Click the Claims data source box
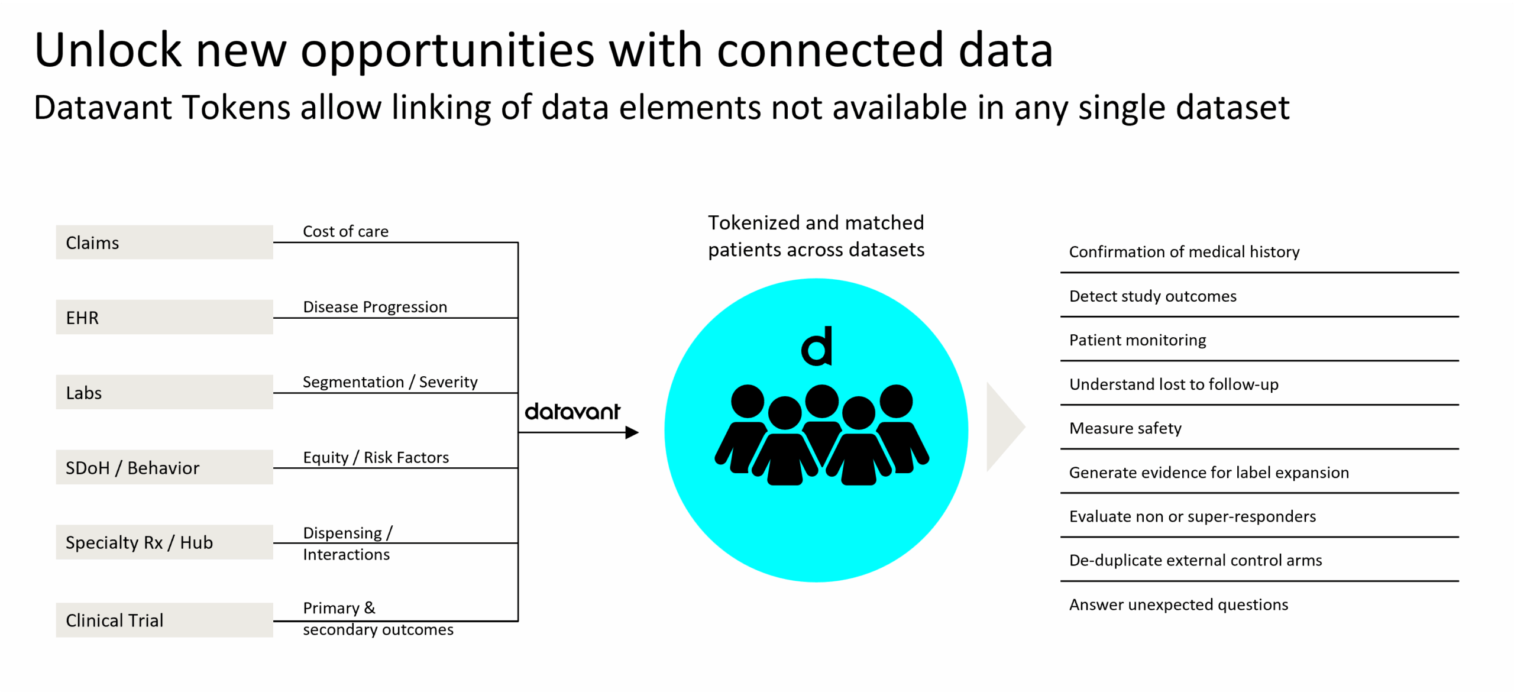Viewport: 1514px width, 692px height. tap(164, 242)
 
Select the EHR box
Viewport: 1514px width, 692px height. tap(164, 318)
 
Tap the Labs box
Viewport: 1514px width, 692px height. tap(164, 392)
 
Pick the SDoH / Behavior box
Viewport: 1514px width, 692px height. tap(164, 467)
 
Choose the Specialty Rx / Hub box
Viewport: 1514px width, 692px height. tap(164, 542)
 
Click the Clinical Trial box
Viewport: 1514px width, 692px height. tap(164, 620)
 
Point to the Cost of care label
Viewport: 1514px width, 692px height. tap(345, 231)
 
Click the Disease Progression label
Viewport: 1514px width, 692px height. tap(375, 307)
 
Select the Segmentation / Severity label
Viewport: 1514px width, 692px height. tap(390, 382)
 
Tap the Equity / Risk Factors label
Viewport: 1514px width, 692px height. tap(376, 457)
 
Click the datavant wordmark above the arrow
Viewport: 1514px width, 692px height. tap(572, 412)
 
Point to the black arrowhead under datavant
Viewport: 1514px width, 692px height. tap(632, 432)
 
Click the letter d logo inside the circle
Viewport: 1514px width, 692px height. tap(817, 347)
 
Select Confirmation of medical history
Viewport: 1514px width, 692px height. tap(1184, 252)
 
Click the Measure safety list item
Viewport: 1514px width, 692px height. tap(1125, 428)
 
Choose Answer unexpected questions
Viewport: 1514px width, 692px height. tap(1178, 604)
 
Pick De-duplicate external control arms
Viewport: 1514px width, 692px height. tap(1195, 560)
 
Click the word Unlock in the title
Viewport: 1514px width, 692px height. tap(108, 50)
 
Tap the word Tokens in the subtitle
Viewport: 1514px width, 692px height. tap(236, 108)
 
